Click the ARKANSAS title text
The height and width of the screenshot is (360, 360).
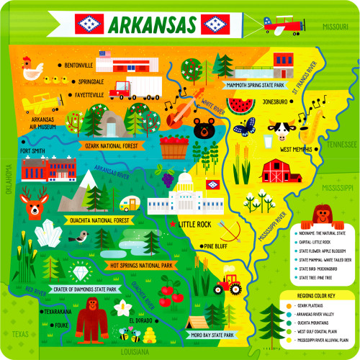pyautogui.click(x=153, y=26)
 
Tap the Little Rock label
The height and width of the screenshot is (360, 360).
pyautogui.click(x=198, y=224)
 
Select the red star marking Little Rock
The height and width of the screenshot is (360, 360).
pyautogui.click(x=172, y=224)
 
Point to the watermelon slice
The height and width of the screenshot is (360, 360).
pyautogui.click(x=246, y=107)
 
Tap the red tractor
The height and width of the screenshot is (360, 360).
pyautogui.click(x=230, y=283)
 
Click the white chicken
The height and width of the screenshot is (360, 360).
pyautogui.click(x=32, y=69)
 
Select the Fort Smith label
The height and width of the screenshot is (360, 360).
pyautogui.click(x=33, y=151)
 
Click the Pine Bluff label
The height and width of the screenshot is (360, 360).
pyautogui.click(x=217, y=246)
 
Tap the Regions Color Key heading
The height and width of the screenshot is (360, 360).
pyautogui.click(x=321, y=294)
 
